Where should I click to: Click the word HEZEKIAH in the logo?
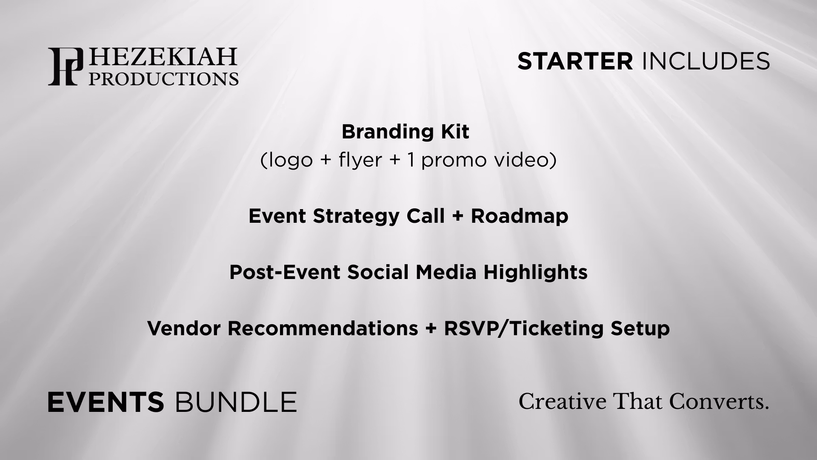(x=162, y=57)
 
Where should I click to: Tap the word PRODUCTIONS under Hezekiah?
(x=163, y=78)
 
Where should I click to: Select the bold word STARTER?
(x=575, y=61)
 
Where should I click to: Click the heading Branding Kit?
(x=405, y=132)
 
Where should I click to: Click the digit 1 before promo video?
(x=410, y=160)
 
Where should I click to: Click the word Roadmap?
(x=519, y=216)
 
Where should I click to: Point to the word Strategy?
(x=357, y=216)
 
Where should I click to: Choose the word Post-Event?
(x=285, y=272)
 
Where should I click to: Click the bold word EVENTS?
(x=106, y=402)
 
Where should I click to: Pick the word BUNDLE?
(x=235, y=402)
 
